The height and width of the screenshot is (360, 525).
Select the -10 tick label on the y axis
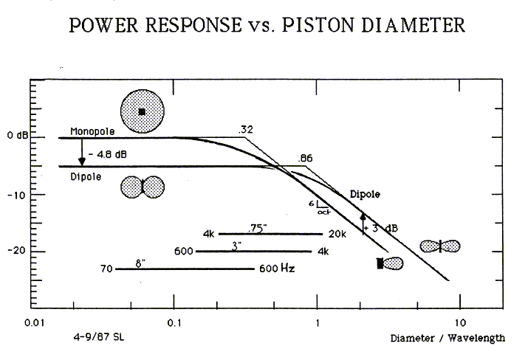pyautogui.click(x=16, y=194)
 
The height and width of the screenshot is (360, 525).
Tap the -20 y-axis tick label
pyautogui.click(x=16, y=251)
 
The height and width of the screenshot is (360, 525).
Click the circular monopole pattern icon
pyautogui.click(x=143, y=111)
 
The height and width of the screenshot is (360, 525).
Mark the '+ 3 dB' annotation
pyautogui.click(x=382, y=227)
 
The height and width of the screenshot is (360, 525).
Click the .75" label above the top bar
pyautogui.click(x=257, y=228)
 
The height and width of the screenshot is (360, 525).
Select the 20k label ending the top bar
pyautogui.click(x=336, y=234)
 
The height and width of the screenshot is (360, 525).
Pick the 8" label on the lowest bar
pyautogui.click(x=138, y=263)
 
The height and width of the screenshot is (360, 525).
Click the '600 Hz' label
pyautogui.click(x=278, y=269)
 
